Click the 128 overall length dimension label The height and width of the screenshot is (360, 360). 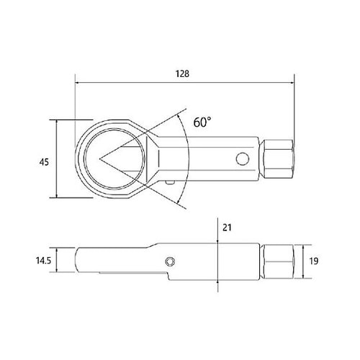click(x=182, y=73)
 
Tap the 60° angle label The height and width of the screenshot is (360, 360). click(x=202, y=122)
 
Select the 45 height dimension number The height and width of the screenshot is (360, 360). click(x=44, y=162)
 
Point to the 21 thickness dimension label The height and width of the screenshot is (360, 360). click(x=227, y=227)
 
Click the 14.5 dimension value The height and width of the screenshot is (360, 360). click(x=43, y=261)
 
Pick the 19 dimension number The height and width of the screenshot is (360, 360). click(x=314, y=261)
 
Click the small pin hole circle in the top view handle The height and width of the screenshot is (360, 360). click(x=243, y=159)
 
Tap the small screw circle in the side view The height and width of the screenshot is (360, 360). click(x=170, y=261)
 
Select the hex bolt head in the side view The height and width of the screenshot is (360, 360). click(x=278, y=261)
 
